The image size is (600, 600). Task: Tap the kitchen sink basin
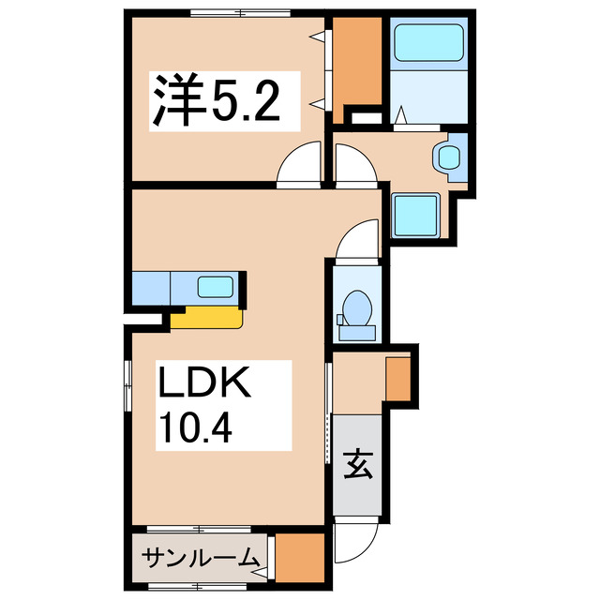coord(217,287)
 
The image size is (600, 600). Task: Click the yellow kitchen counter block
coord(206,318)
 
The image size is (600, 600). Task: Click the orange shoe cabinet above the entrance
coord(397,377)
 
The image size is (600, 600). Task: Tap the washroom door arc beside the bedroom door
coord(355,166)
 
